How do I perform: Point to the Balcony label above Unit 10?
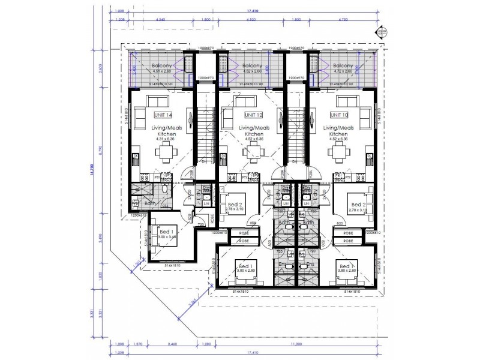tap(343, 66)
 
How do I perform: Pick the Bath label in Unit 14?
tap(151, 205)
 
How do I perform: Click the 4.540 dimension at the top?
tap(160, 20)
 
